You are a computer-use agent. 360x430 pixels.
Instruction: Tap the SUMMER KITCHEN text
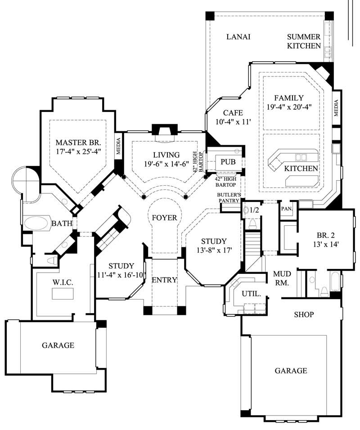point(304,41)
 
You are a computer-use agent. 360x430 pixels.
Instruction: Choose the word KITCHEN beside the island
point(301,169)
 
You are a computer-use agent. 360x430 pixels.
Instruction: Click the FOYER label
point(164,218)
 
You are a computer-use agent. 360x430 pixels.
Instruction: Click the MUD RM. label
point(282,278)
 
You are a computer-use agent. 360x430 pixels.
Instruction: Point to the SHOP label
point(304,314)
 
